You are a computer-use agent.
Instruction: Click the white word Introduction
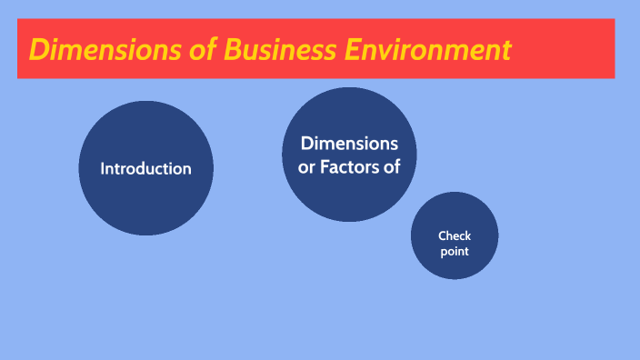click(145, 169)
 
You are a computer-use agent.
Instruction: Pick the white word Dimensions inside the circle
click(349, 144)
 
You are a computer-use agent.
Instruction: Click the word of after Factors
click(392, 167)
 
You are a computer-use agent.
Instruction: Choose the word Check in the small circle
click(455, 236)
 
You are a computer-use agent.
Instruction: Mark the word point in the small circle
click(455, 251)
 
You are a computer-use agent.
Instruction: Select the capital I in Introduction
click(103, 169)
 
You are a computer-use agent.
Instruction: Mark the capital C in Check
click(442, 236)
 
